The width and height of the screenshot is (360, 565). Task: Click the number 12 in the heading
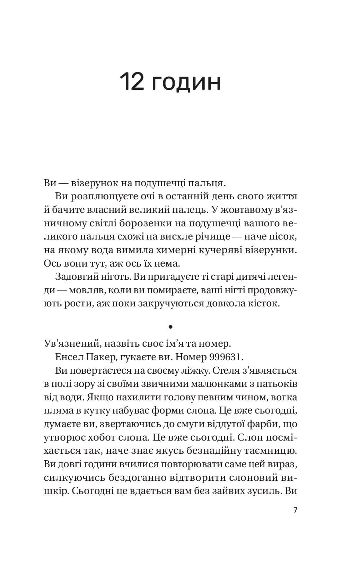[132, 82]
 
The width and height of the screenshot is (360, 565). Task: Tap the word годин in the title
[187, 83]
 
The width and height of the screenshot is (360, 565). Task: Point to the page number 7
[295, 510]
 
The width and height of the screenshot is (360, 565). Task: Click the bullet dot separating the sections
[170, 327]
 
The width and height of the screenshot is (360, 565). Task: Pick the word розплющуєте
[106, 197]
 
